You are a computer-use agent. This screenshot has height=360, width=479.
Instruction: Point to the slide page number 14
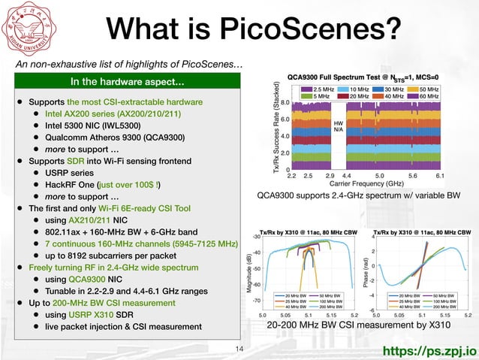tap(240, 349)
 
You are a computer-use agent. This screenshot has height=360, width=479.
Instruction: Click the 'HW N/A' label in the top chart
tap(339, 126)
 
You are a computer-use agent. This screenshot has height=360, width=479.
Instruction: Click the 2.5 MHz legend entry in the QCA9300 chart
tap(318, 87)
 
